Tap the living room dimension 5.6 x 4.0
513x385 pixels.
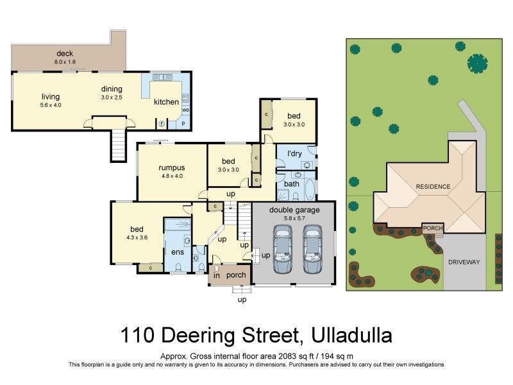[x=50, y=105]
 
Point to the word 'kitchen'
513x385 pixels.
[x=166, y=102]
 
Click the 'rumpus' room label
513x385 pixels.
[x=171, y=168]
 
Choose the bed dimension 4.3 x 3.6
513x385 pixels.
[x=137, y=237]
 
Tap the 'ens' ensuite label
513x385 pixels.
[x=177, y=252]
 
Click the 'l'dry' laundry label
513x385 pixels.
[x=295, y=154]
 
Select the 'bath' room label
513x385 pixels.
[x=292, y=184]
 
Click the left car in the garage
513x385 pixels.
[x=283, y=251]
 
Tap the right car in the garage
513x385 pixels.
[x=312, y=251]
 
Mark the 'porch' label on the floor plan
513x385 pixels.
[x=236, y=275]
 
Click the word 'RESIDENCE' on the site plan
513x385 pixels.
[x=433, y=187]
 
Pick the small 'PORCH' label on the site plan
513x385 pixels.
[x=432, y=227]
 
